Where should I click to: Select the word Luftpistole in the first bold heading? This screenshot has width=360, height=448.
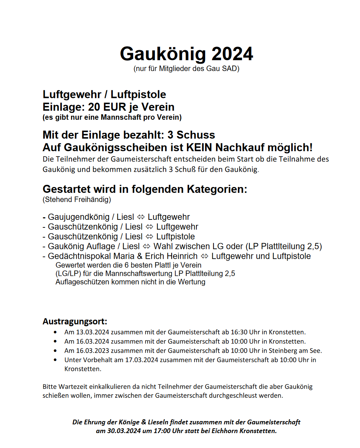[x=138, y=95]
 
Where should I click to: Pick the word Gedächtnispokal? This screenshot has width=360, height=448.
[x=76, y=256]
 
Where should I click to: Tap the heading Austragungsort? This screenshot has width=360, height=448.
[x=75, y=322]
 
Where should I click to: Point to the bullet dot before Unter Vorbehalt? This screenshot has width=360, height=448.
[x=55, y=360]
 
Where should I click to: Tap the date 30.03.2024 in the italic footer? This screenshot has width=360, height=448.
[x=124, y=431]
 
